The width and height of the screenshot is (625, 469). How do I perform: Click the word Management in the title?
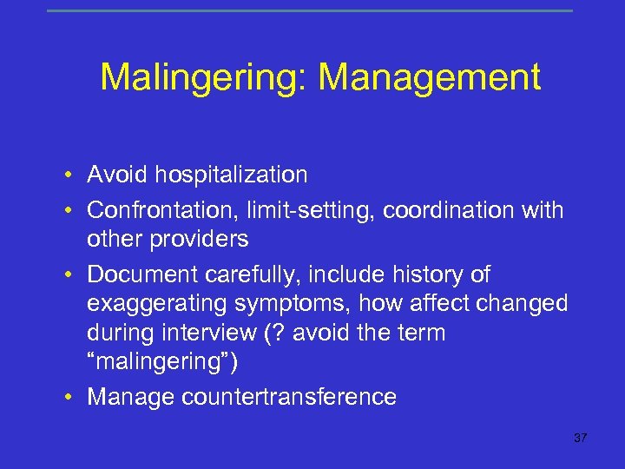coord(430,78)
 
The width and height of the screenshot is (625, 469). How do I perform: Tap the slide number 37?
coord(581,438)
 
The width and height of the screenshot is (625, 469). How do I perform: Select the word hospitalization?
coord(231,175)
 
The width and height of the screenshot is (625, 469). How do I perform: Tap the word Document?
coord(143,274)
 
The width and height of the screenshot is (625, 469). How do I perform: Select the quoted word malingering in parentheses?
coord(157,361)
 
